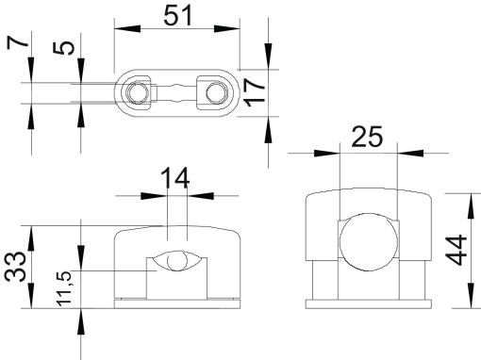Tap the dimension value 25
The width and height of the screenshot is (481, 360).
pyautogui.click(x=368, y=137)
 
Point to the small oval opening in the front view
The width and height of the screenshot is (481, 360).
pyautogui.click(x=176, y=262)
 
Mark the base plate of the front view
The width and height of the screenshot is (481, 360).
pyautogui.click(x=176, y=303)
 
